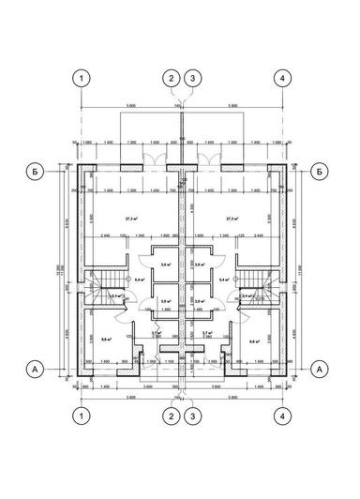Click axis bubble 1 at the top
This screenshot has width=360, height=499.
(x=82, y=78)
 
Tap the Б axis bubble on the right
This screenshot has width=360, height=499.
(x=321, y=172)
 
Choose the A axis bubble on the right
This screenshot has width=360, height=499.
(x=321, y=369)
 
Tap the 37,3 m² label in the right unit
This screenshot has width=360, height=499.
(x=232, y=219)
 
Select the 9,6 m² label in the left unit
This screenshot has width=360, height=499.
(x=107, y=340)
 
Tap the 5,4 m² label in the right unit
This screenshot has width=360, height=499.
(x=224, y=280)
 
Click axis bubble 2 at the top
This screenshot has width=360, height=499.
(x=171, y=78)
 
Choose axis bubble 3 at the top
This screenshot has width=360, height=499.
(x=192, y=78)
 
